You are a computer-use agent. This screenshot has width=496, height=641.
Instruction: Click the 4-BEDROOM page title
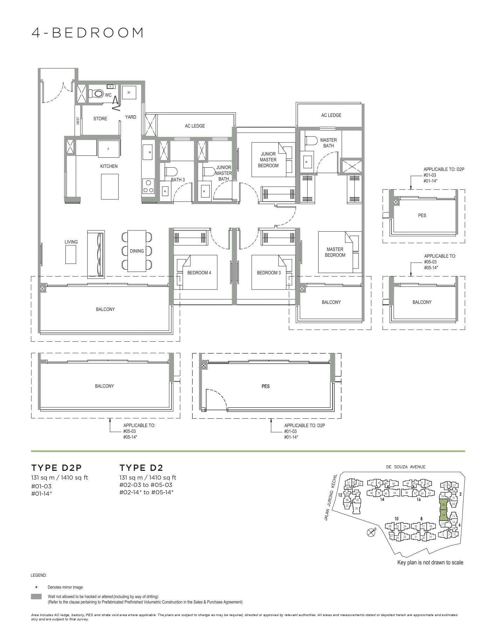(88, 33)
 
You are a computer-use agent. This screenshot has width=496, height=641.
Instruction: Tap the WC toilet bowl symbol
(96, 94)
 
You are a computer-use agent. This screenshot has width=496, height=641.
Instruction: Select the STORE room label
(100, 119)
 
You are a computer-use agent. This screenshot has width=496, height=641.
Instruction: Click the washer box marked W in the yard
(129, 92)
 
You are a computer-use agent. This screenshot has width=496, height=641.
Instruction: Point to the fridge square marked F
(109, 149)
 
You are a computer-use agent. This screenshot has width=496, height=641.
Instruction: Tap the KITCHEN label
(109, 166)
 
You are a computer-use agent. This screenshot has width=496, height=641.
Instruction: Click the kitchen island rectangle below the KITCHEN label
(110, 186)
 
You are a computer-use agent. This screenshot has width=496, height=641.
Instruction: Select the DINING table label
(137, 251)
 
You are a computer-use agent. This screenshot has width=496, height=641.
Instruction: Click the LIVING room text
(71, 242)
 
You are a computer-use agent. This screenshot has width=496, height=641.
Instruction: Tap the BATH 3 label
(178, 180)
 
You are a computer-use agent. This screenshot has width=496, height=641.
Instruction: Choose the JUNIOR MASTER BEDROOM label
(268, 160)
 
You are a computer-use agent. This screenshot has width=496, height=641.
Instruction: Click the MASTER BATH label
(328, 143)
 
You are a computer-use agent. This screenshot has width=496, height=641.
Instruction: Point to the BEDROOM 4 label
(199, 273)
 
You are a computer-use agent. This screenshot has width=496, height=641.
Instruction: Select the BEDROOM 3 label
(269, 273)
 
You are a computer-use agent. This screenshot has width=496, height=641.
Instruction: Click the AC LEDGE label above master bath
(331, 115)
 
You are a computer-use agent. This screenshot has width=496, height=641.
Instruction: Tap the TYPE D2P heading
(56, 468)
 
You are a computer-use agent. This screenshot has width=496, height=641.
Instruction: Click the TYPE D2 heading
(141, 468)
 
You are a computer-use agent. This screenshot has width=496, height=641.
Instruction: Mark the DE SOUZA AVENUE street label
(406, 467)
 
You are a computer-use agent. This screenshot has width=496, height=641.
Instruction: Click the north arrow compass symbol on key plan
(371, 533)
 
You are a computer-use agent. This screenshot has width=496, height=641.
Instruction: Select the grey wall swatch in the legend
(36, 597)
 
